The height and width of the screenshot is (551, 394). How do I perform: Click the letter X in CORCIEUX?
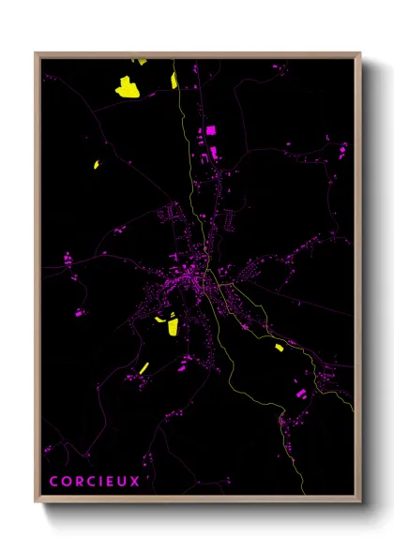click(135, 482)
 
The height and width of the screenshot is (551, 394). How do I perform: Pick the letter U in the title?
click(123, 482)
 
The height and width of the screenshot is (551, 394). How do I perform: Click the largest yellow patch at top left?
click(127, 87)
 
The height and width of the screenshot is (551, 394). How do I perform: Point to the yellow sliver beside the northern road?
click(174, 80)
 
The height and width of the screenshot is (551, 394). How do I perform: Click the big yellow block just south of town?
click(173, 326)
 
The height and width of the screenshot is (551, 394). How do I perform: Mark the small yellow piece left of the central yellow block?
click(159, 320)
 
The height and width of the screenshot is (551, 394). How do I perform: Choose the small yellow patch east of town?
click(280, 348)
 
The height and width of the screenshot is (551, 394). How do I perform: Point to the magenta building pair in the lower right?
click(301, 395)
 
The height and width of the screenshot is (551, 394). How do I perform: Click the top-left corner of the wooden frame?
click(36, 53)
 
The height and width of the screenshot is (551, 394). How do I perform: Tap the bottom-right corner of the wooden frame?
click(360, 504)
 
